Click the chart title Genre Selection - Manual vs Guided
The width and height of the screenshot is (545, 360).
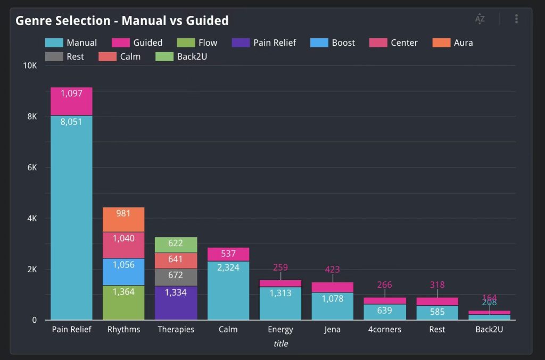122,21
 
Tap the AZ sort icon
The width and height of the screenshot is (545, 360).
480,19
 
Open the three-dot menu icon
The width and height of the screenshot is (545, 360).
516,19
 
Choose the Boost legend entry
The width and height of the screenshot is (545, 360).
334,43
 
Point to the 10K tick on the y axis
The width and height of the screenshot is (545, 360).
29,65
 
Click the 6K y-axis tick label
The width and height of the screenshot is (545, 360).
31,168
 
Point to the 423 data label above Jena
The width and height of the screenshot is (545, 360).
332,270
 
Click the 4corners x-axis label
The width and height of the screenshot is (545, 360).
384,329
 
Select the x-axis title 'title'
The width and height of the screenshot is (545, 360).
280,344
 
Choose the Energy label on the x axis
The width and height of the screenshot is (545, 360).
280,329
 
